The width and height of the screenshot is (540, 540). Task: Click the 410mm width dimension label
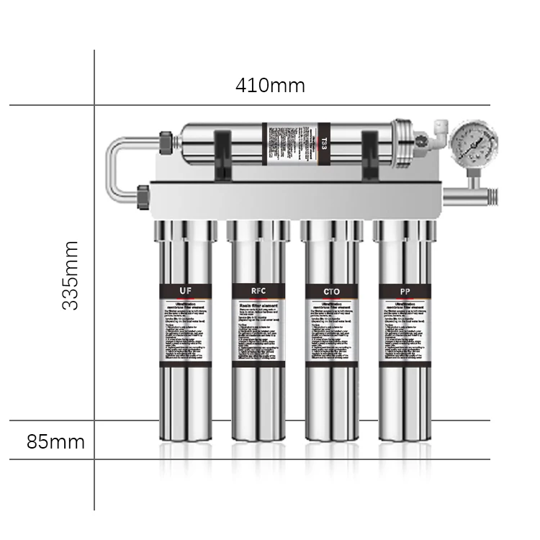270,86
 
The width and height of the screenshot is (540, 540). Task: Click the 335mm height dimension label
71,275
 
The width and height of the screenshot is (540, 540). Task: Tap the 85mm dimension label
55,441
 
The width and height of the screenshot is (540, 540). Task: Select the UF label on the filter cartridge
186,291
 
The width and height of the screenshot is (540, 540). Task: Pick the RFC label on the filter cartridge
258,291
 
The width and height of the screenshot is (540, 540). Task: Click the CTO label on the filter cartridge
332,291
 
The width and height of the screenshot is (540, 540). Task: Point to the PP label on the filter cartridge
405,291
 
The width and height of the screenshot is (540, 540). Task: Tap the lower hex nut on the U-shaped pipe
143,196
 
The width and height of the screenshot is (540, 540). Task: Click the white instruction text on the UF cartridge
186,331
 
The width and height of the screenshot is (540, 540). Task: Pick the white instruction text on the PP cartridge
405,331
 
